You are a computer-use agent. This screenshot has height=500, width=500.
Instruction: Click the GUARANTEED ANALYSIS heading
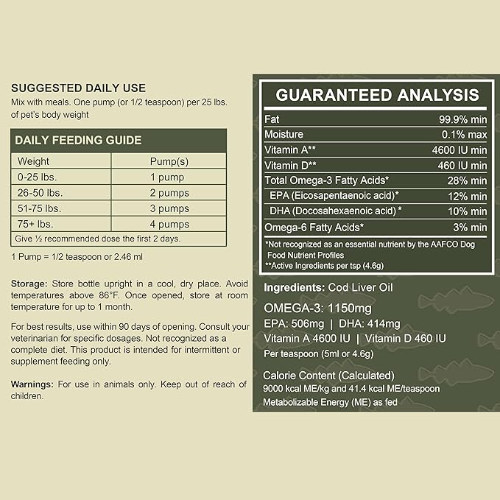click(x=377, y=95)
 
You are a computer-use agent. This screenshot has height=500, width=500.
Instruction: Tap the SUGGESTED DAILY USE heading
click(x=79, y=88)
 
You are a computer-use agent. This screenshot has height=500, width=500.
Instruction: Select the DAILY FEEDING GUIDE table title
click(x=79, y=140)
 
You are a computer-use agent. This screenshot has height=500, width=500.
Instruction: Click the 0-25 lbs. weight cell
click(x=37, y=177)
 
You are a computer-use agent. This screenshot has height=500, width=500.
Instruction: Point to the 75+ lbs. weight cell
click(x=37, y=224)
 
